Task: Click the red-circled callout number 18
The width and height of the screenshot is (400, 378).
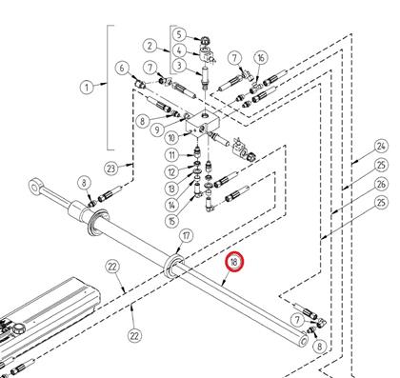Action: coord(233,262)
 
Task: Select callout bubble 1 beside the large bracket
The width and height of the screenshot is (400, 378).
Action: coord(87,87)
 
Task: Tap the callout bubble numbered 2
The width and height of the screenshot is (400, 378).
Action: coord(150,46)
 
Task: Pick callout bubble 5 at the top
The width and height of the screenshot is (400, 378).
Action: coord(179,34)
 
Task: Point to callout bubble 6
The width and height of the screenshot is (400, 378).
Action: coord(123,69)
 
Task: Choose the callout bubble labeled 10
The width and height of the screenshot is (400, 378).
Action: coord(171,138)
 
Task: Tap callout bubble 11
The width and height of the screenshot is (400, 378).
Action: coord(171,155)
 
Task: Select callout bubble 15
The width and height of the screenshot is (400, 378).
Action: coord(171,221)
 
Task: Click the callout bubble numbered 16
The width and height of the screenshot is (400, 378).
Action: coord(261,58)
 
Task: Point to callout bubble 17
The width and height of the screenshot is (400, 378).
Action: coord(186,236)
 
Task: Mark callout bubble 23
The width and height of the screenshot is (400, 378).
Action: coord(111,169)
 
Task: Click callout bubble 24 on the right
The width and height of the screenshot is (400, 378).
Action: coord(381,147)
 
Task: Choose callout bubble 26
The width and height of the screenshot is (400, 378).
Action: coord(381,184)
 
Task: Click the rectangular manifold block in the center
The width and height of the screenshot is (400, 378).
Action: coord(202,124)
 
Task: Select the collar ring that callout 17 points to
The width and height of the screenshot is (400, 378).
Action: coord(173,265)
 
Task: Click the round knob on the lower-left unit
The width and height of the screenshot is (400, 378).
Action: coord(18,328)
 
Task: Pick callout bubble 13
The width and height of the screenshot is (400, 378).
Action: coord(171,189)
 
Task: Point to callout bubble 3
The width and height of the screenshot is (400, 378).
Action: coord(179,66)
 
